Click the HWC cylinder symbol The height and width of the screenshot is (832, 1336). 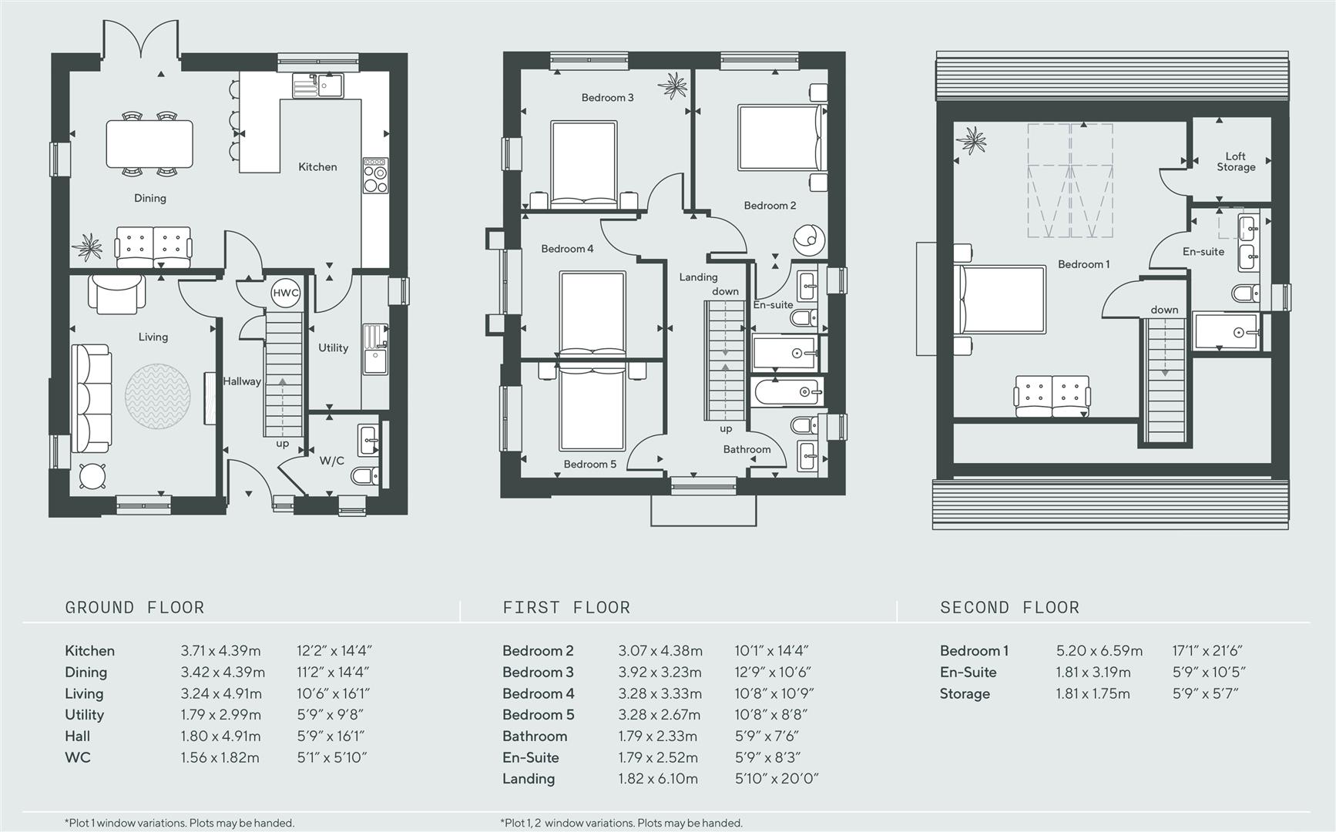(x=285, y=293)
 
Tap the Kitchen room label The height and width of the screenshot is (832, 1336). (x=317, y=166)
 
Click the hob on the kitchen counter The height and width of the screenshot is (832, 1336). (x=375, y=177)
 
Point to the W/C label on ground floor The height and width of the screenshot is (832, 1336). (x=332, y=461)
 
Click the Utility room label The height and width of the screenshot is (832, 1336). (x=333, y=347)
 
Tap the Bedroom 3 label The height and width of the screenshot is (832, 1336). (x=607, y=97)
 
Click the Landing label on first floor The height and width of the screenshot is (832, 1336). (x=698, y=277)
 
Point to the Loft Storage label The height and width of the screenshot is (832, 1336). (x=1236, y=161)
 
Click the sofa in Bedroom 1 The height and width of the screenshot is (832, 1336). (x=1052, y=396)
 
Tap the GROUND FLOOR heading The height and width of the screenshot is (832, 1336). (x=135, y=607)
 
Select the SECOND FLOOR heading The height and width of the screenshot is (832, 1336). (x=1009, y=607)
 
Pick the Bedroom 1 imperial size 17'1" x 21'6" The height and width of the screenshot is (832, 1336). (x=1207, y=651)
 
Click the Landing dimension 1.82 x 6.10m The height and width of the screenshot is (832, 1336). (x=658, y=779)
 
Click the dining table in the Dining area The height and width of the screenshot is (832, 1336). (x=149, y=144)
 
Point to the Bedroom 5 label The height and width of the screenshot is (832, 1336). (x=589, y=464)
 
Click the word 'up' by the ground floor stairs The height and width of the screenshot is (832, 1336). (x=283, y=444)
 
